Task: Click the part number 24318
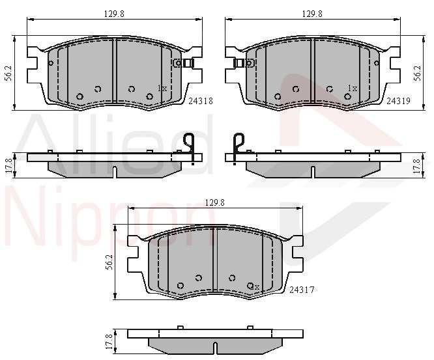click(201, 101)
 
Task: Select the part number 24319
click(398, 101)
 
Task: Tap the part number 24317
click(302, 290)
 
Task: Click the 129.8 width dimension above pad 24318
click(114, 14)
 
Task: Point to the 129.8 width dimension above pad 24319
click(312, 14)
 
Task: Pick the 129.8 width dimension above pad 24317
click(215, 202)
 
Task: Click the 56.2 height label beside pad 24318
click(9, 74)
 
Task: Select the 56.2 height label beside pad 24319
click(418, 74)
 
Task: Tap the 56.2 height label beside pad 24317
click(109, 262)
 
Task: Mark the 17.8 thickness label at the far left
click(8, 165)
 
